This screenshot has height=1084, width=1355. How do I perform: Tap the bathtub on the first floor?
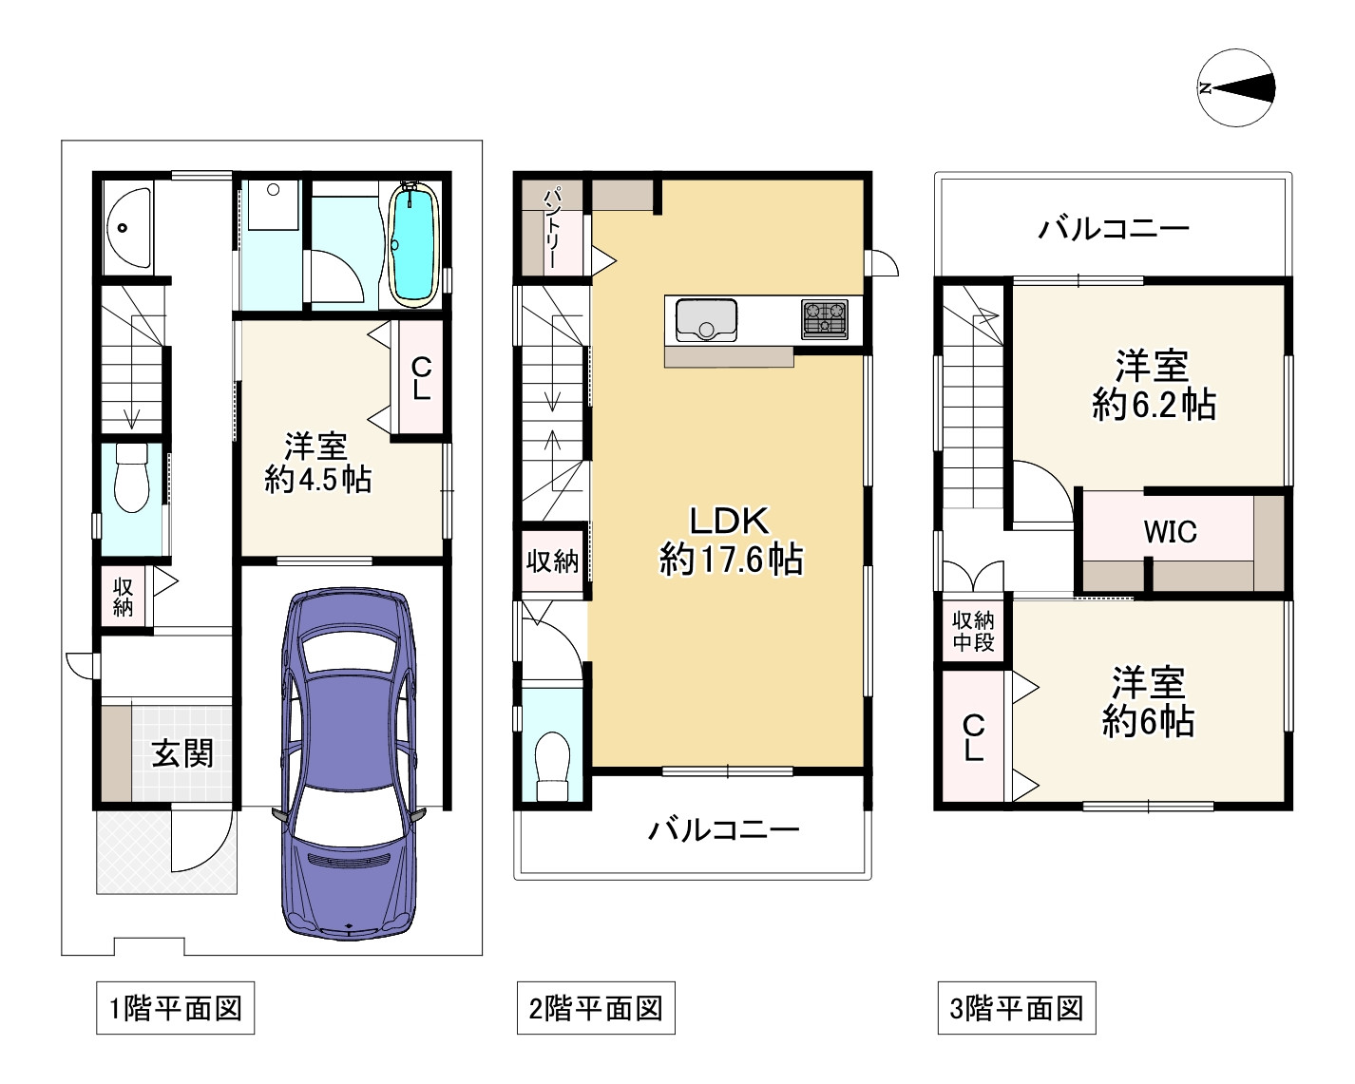(x=413, y=244)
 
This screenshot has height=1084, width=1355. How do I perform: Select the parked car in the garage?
(x=349, y=764)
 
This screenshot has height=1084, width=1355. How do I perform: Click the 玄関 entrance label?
(x=182, y=753)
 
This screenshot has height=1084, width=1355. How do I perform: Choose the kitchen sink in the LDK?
(x=706, y=319)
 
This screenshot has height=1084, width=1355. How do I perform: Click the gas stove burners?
(x=824, y=319)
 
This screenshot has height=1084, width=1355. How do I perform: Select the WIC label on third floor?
(x=1170, y=532)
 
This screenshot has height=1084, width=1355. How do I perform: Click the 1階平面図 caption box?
(x=175, y=1008)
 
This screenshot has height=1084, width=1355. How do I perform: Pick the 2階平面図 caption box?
(x=596, y=1008)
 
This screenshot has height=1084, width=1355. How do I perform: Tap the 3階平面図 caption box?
(x=1017, y=1008)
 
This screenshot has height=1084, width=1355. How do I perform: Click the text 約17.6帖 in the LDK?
(x=731, y=559)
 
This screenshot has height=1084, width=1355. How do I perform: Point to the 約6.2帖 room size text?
(x=1155, y=405)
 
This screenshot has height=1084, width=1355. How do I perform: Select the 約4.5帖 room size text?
(x=317, y=481)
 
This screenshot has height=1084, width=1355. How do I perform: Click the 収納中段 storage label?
(x=973, y=632)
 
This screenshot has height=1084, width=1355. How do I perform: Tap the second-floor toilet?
(x=551, y=765)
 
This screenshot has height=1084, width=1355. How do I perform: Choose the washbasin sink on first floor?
(x=128, y=227)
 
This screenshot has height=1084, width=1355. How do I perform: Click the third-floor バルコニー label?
(x=1114, y=229)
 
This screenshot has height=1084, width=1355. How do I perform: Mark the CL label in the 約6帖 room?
(x=973, y=738)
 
